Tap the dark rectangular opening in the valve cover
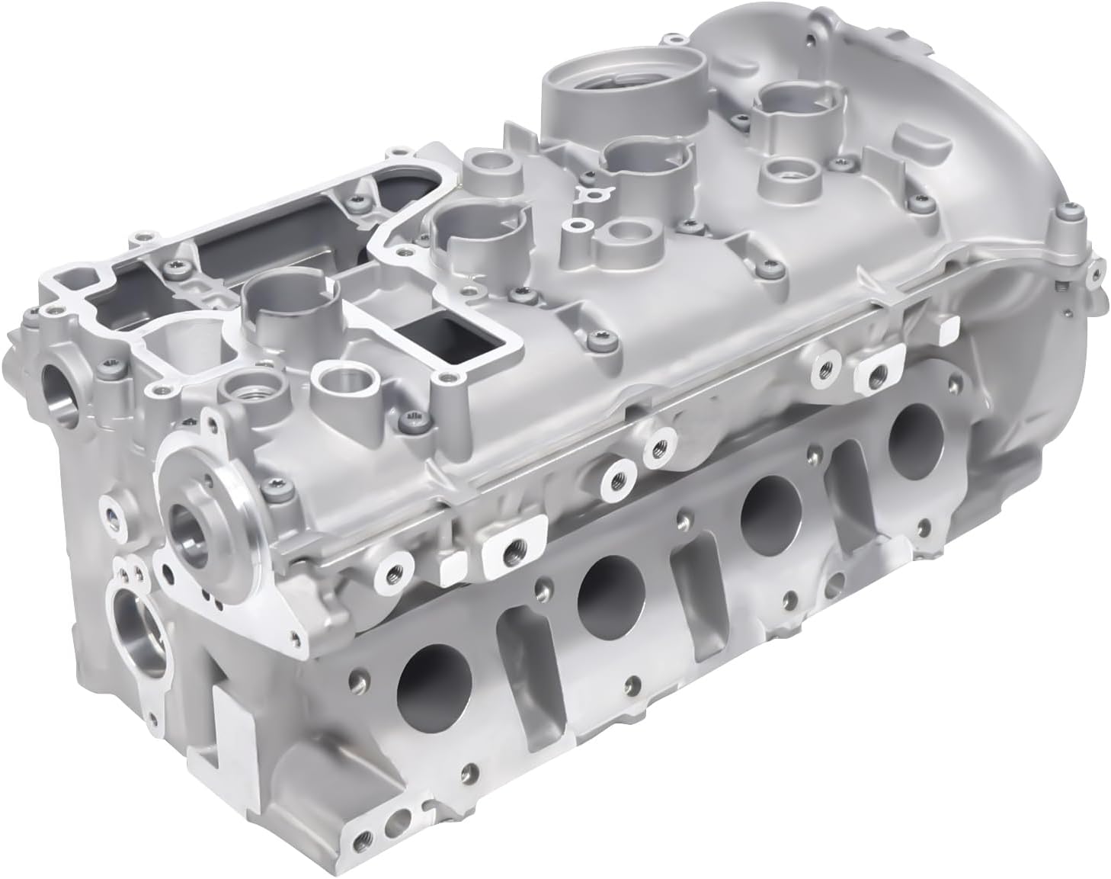click(x=443, y=337)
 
